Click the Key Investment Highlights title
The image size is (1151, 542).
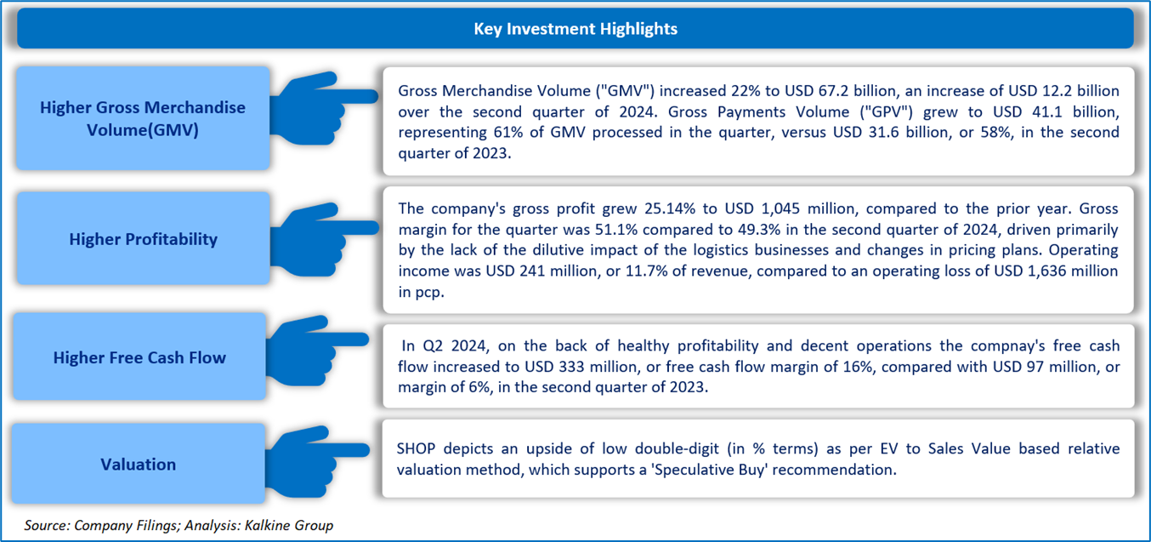pos(575,29)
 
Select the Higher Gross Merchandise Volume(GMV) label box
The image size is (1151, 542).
pos(143,118)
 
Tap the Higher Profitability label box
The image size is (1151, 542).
pos(144,238)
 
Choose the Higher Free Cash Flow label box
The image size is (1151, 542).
pos(139,357)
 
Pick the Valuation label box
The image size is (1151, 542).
pos(139,464)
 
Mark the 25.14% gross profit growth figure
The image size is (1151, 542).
pos(668,208)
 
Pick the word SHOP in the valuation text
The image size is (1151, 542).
pos(417,449)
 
